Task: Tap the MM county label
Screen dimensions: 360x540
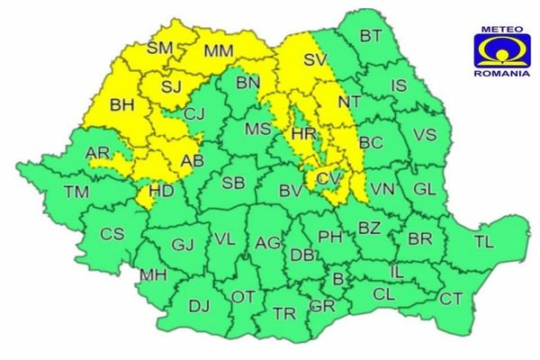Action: click(219, 52)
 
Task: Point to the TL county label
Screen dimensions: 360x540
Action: click(483, 241)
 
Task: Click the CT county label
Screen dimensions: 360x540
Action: click(451, 298)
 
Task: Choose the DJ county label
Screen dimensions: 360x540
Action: click(199, 306)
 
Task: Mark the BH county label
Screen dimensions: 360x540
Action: click(121, 105)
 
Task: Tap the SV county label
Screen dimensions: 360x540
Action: click(313, 60)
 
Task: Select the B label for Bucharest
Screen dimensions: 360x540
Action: click(337, 280)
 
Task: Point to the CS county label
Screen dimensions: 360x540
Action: click(111, 234)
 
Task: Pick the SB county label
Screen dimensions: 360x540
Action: click(233, 183)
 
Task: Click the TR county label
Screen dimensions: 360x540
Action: click(285, 313)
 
